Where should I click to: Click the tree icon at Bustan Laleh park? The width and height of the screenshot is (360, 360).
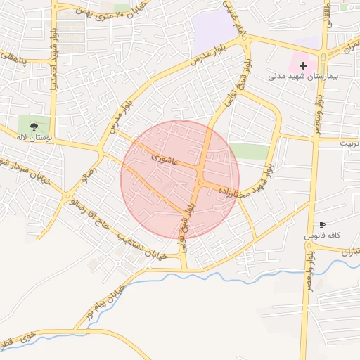click(x=34, y=126)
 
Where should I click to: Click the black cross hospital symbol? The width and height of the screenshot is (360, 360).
click(x=303, y=65)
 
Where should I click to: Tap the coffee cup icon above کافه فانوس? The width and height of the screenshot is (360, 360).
click(x=322, y=224)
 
